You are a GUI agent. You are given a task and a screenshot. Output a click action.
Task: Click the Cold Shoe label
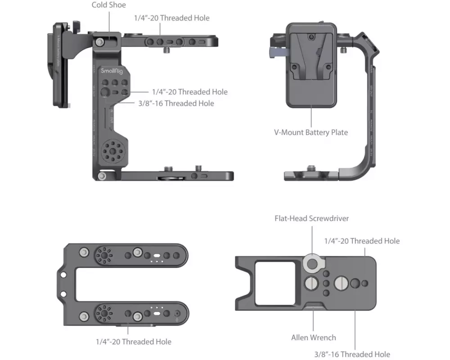[x=108, y=5]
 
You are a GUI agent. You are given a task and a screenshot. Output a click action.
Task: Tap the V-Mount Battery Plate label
[x=311, y=132]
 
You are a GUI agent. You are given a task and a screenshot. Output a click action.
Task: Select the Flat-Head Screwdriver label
[x=312, y=218]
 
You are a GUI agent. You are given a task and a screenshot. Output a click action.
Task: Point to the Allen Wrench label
[x=313, y=337]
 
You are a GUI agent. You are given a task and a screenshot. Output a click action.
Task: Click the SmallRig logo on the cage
[x=110, y=71]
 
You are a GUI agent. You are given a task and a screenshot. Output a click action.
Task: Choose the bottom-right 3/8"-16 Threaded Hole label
[x=352, y=354]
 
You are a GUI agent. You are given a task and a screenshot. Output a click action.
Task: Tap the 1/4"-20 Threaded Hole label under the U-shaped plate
[x=133, y=342]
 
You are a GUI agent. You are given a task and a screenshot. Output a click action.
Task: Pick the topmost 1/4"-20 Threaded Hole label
[x=171, y=18]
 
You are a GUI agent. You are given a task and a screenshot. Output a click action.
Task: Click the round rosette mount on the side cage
[x=110, y=153]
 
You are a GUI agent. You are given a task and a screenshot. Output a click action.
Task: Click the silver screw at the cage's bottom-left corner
[x=103, y=175]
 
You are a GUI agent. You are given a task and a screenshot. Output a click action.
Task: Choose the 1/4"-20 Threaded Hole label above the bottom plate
[x=362, y=241]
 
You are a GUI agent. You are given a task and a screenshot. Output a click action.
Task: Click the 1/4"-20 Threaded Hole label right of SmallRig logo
[x=189, y=92]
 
